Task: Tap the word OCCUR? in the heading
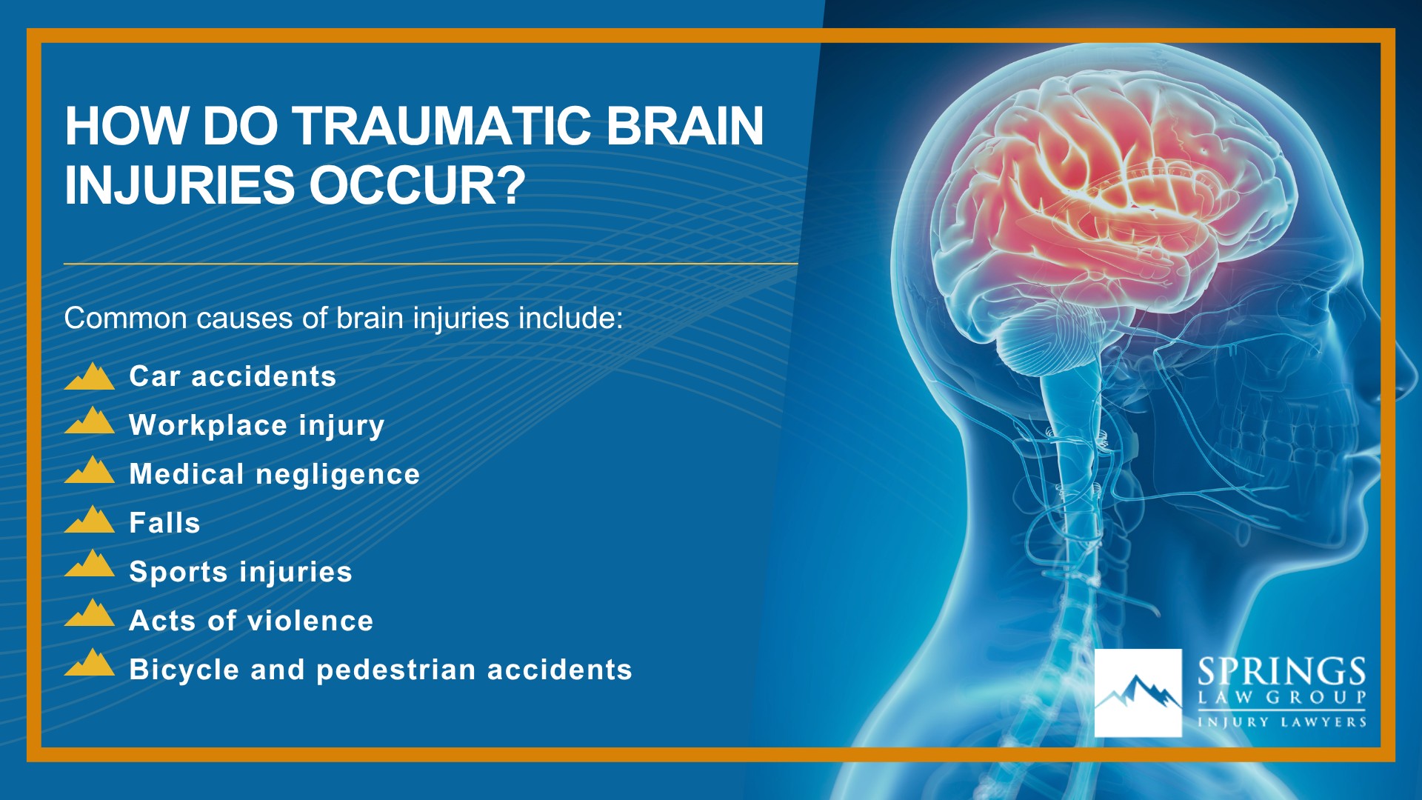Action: point(417,185)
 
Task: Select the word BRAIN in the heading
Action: point(685,126)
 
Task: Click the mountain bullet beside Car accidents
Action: point(90,376)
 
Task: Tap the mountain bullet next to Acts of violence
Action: point(90,613)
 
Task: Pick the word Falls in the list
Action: point(164,523)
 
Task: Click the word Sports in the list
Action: point(178,572)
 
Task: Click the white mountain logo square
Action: point(1138,693)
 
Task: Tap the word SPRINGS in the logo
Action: point(1282,672)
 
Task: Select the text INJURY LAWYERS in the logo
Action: point(1282,722)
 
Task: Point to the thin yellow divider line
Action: point(430,263)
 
